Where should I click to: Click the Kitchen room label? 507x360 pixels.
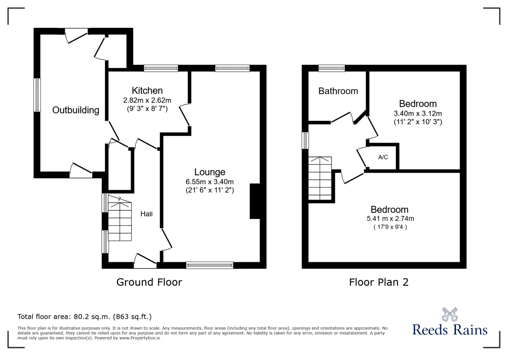(x=147, y=91)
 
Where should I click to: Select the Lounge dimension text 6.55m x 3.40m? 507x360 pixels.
(x=209, y=182)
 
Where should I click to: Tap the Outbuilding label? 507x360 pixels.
(x=75, y=110)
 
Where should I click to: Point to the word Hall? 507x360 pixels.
(x=146, y=214)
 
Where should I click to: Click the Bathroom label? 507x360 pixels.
(x=338, y=91)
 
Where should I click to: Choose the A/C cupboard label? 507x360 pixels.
(x=383, y=157)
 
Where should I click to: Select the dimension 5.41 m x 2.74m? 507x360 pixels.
(x=390, y=219)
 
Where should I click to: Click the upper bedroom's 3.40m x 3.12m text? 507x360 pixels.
(x=418, y=113)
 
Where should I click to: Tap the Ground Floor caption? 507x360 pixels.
(x=149, y=282)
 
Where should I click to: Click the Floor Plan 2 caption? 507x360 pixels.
(x=378, y=282)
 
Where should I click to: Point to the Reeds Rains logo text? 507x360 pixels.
(x=449, y=330)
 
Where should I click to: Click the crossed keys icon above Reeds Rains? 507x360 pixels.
(x=450, y=314)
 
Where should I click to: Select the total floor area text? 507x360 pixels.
(x=84, y=317)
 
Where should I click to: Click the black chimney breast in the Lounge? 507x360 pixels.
(x=255, y=201)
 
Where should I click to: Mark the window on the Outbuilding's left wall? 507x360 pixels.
(x=37, y=95)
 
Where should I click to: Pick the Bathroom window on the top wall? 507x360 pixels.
(x=331, y=68)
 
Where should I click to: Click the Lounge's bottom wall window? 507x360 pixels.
(x=209, y=265)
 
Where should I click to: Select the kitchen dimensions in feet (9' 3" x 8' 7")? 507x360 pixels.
(x=147, y=109)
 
